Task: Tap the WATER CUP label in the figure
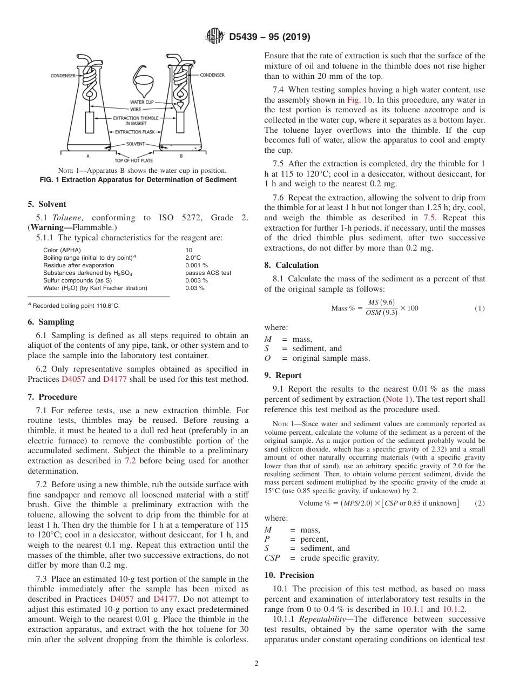(x=141, y=102)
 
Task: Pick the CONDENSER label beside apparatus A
(x=63, y=76)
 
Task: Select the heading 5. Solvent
(x=47, y=204)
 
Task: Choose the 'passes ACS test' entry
(x=208, y=273)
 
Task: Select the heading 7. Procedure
(x=51, y=397)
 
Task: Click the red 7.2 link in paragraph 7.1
(x=131, y=461)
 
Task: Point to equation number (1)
(x=480, y=308)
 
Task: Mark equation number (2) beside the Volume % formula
(x=480, y=503)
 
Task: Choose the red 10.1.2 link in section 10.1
(x=454, y=609)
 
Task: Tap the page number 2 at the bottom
(x=256, y=664)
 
